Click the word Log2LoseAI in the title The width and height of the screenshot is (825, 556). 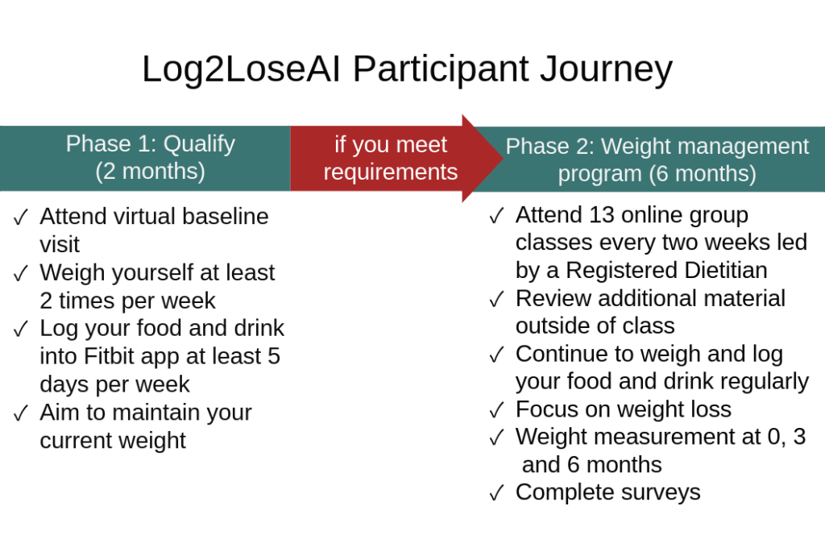pos(242,69)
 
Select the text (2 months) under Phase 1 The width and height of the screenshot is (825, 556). pos(151,172)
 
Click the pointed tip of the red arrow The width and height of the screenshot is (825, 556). pos(503,158)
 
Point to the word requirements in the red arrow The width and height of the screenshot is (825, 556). pos(391,172)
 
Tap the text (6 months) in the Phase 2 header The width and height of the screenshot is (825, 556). pos(703,173)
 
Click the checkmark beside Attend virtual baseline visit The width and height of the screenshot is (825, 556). pos(21,217)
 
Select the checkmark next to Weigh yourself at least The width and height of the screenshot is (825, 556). pos(21,273)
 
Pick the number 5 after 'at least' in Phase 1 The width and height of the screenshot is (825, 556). pos(274,356)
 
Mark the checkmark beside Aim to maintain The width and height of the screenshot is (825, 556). pos(21,413)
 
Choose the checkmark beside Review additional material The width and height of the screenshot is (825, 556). pos(496,299)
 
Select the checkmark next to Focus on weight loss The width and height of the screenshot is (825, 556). pos(496,410)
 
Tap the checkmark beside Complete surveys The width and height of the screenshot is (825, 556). pos(496,493)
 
